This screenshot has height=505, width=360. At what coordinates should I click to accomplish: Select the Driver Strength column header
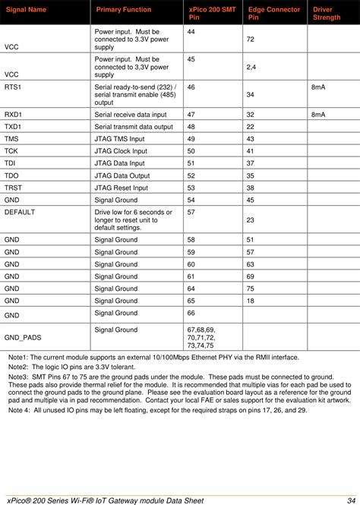pos(327,13)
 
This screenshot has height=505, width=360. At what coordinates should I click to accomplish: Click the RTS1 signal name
pos(14,88)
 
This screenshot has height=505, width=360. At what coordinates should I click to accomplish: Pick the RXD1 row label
pos(14,114)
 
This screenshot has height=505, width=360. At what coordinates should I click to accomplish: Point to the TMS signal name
pos(12,139)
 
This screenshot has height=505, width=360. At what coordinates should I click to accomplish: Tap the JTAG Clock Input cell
pos(122,151)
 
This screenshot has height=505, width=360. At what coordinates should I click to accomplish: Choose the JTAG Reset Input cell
pos(122,188)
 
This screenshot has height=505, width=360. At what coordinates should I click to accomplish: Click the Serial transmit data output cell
pos(134,126)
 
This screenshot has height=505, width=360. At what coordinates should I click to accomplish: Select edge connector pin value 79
pos(251,289)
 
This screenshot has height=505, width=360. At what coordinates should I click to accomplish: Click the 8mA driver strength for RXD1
pos(318,114)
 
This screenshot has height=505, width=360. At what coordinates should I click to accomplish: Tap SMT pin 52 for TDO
pos(191,175)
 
